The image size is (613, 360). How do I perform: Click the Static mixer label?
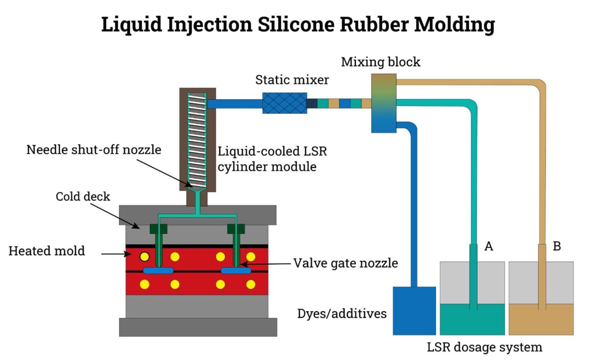[x=292, y=80]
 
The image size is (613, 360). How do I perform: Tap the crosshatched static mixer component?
[x=285, y=103]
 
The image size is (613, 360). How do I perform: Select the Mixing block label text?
[x=380, y=62]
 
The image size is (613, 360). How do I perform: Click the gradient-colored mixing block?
[x=384, y=103]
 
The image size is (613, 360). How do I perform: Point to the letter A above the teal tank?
[x=488, y=246]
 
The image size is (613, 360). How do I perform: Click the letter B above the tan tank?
[x=557, y=246]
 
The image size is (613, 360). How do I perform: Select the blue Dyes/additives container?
[x=414, y=311]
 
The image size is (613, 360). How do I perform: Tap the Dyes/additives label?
[x=342, y=314]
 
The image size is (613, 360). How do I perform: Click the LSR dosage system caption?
[x=484, y=347]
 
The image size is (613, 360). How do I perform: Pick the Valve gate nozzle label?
[x=346, y=263]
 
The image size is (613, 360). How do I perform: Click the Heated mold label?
[x=47, y=251]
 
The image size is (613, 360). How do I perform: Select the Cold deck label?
[x=83, y=196]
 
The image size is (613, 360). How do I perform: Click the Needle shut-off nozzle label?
[x=94, y=150]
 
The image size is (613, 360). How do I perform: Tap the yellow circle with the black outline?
[x=144, y=257]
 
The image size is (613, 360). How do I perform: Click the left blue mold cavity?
[x=158, y=271]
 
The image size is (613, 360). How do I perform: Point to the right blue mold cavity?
[x=236, y=271]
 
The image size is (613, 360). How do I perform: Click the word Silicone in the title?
[x=296, y=24]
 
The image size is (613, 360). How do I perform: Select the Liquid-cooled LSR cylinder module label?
[x=272, y=159]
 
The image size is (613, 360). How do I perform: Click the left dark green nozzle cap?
[x=158, y=229]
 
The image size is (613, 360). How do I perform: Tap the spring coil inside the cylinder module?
[x=197, y=140]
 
